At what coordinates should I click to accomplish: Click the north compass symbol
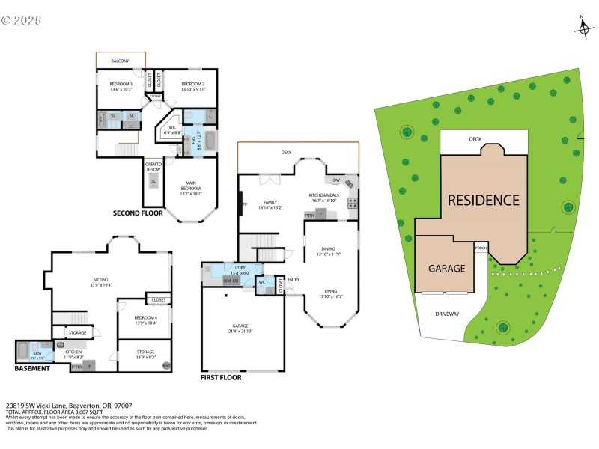coord(583,27)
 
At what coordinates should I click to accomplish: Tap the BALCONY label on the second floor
coord(120,61)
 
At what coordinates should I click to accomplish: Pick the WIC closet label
coord(172,129)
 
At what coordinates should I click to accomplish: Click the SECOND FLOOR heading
coord(138,213)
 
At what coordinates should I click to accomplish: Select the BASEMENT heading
coord(32,368)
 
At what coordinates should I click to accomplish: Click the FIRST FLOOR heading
coord(221,378)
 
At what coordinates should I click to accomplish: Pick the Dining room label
coord(329,251)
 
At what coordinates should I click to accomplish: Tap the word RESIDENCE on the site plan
coord(483,201)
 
